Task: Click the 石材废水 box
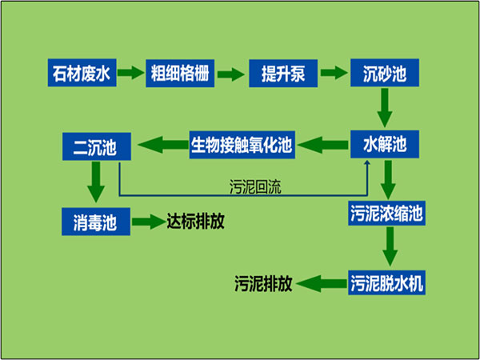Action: [x=82, y=73]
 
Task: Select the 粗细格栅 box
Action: [x=180, y=74]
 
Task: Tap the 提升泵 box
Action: [x=283, y=74]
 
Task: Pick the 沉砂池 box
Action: [x=385, y=73]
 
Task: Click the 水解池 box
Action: [x=385, y=144]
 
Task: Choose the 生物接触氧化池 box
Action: [x=242, y=145]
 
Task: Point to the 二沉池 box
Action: [x=97, y=146]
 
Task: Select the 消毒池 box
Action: [x=96, y=222]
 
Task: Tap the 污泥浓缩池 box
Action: [x=386, y=213]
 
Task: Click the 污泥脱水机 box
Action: [x=386, y=282]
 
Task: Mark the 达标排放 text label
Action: [x=196, y=221]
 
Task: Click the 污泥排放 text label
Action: [x=263, y=283]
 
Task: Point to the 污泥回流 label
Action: [x=255, y=186]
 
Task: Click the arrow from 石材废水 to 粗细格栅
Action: [x=130, y=73]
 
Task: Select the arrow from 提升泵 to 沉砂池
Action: [x=334, y=73]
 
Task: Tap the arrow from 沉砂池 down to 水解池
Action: [x=385, y=108]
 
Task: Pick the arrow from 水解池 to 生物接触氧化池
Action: [x=322, y=145]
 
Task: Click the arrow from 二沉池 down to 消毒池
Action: [x=96, y=182]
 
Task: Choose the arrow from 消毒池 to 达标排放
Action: [x=149, y=222]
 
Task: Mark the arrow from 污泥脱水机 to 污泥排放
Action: [x=321, y=283]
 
